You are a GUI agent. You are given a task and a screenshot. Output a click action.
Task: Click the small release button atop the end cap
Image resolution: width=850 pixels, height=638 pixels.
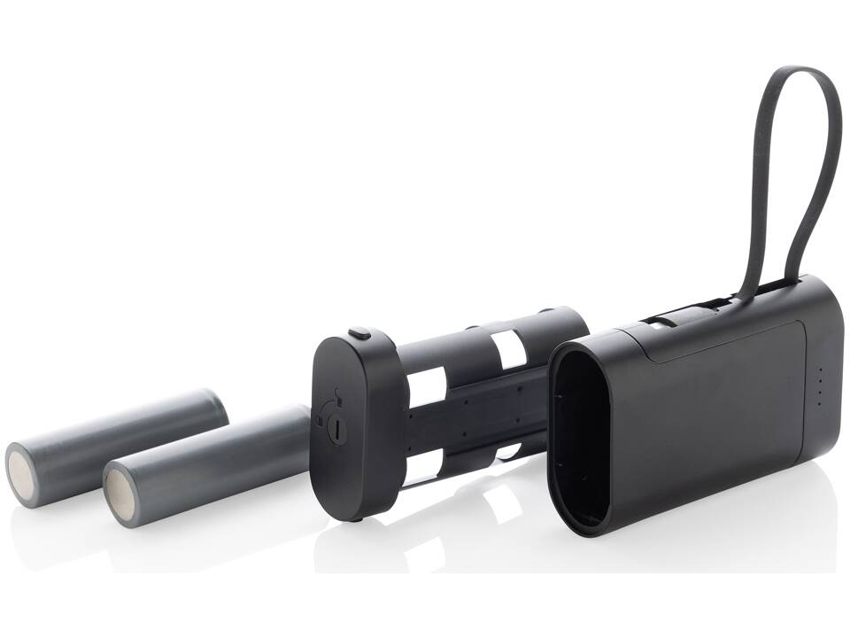[359, 333]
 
